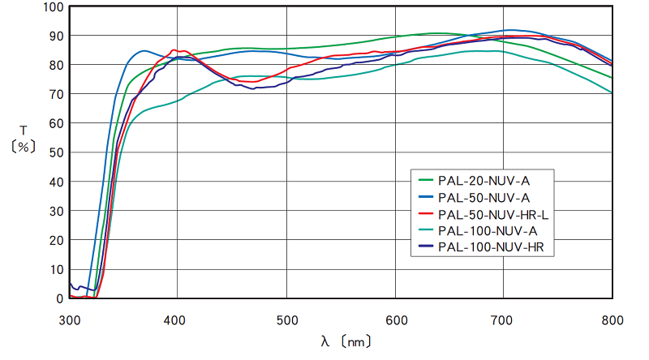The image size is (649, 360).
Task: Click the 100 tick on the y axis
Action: [x=54, y=7]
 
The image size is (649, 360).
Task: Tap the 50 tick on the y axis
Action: [x=56, y=152]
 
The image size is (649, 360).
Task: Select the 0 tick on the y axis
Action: [x=59, y=298]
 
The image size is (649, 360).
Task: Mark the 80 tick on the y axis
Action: [x=56, y=66]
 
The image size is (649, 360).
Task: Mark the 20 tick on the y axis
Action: [x=56, y=240]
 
